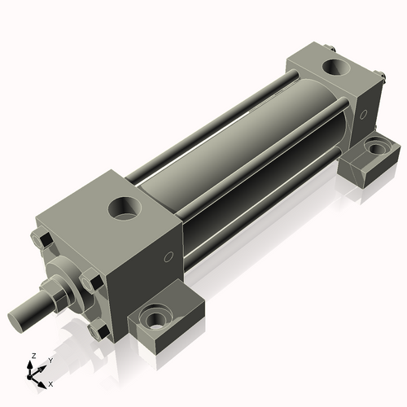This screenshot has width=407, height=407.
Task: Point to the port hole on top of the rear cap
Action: (x=333, y=65)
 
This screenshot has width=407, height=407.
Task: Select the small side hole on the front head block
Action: (x=168, y=258)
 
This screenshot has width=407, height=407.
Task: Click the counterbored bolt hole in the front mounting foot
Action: (x=154, y=316)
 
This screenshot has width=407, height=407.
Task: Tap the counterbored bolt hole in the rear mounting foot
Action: (x=376, y=149)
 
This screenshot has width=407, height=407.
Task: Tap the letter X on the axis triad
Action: (x=50, y=383)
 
